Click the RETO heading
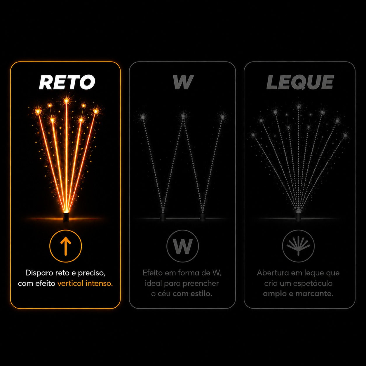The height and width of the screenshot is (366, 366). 67,82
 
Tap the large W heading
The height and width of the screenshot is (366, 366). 183,82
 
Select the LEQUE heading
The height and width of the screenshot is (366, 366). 300,82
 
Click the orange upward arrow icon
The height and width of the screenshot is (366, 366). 66,246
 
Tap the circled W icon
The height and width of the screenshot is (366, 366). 182,246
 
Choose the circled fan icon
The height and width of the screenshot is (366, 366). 298,246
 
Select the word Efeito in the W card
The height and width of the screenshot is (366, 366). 153,273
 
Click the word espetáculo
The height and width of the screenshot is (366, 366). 313,284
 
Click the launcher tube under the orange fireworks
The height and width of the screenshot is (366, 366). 66,217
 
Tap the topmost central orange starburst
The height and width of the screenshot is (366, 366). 66,100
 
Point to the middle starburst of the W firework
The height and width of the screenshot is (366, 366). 183,116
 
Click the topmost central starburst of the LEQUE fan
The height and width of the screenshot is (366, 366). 299,106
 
